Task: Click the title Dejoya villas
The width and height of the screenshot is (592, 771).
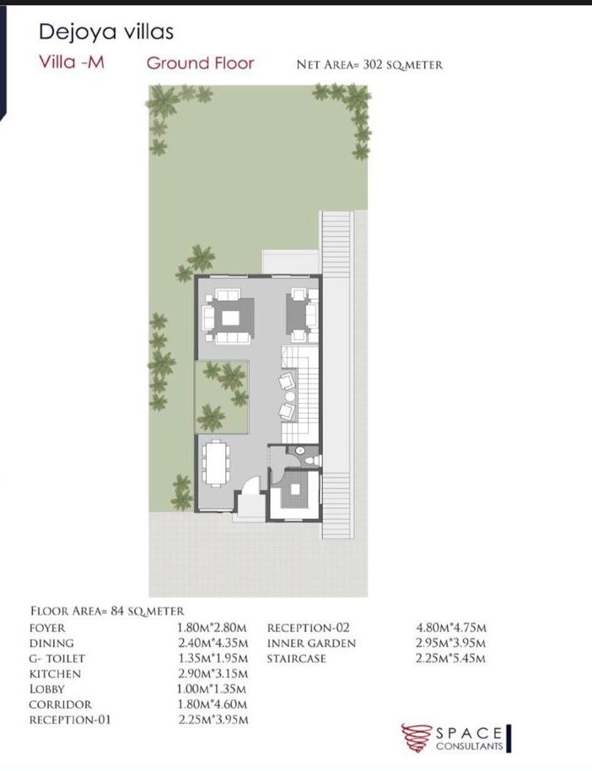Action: [x=105, y=32]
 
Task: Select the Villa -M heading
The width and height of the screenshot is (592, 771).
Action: [x=72, y=62]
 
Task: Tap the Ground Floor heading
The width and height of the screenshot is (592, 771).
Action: [x=201, y=63]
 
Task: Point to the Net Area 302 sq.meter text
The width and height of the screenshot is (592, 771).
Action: [x=369, y=64]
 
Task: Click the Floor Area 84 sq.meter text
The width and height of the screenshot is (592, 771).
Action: [x=107, y=611]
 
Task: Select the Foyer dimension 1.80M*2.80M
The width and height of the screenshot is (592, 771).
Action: [x=213, y=628]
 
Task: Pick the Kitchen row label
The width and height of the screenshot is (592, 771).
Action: [x=55, y=673]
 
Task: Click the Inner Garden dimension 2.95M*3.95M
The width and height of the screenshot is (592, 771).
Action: [x=451, y=643]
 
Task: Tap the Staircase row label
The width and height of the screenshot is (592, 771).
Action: [x=296, y=658]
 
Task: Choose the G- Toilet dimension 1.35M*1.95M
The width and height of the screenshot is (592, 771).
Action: [x=213, y=658]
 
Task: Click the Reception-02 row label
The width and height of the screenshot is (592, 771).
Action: [x=308, y=628]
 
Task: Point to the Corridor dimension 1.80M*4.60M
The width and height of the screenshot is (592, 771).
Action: [x=213, y=704]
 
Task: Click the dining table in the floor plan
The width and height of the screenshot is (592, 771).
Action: [x=217, y=463]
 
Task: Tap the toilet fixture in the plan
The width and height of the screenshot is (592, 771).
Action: [x=312, y=460]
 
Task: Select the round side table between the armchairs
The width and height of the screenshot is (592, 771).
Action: [x=290, y=396]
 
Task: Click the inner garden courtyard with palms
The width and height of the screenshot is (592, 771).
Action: [x=222, y=398]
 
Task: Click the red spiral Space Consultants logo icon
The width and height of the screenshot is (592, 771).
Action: [x=417, y=737]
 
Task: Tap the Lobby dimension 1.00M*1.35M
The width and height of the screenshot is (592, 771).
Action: [x=213, y=689]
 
